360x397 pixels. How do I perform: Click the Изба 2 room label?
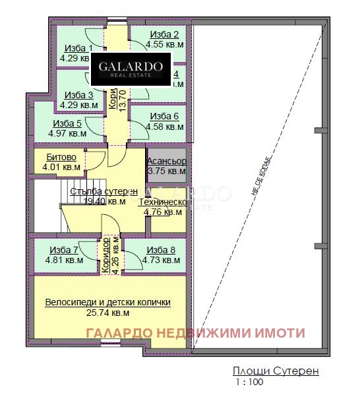[x=164, y=34]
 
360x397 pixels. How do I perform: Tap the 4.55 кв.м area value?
[x=164, y=44]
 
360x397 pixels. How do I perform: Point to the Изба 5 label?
[x=67, y=123]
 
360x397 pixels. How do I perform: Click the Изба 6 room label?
[x=164, y=117]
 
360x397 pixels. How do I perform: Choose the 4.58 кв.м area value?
[x=164, y=127]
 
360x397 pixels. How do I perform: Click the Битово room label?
[x=61, y=158]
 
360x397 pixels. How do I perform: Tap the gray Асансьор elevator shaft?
[x=166, y=166]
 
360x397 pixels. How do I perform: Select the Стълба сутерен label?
[x=103, y=191]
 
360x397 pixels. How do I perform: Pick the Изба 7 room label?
[x=64, y=250]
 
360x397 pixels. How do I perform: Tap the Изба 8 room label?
[x=161, y=250]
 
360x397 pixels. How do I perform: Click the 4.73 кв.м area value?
[x=161, y=260]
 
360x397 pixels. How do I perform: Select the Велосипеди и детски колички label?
[x=107, y=302]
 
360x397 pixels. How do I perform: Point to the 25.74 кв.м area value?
[x=107, y=313]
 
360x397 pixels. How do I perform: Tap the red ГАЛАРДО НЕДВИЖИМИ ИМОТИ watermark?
[x=195, y=333]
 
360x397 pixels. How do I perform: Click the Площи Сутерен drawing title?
[x=276, y=371]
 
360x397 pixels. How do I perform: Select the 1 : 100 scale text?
[x=247, y=382]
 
